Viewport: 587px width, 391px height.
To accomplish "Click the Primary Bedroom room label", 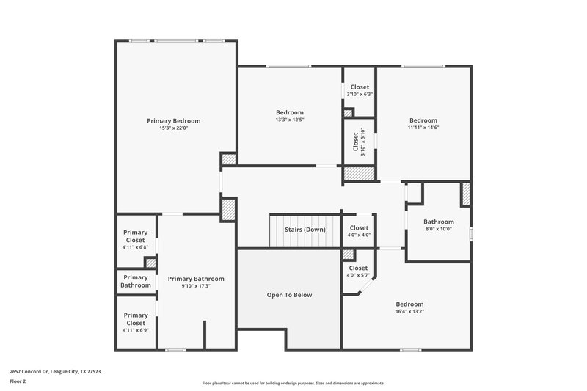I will pyautogui.click(x=173, y=120).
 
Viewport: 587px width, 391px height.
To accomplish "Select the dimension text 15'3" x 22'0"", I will pyautogui.click(x=173, y=128).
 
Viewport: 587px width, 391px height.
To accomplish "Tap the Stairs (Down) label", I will pyautogui.click(x=305, y=230).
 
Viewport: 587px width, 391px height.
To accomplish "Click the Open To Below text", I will pyautogui.click(x=289, y=295).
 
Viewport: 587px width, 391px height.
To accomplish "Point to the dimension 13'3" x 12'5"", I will pyautogui.click(x=289, y=120).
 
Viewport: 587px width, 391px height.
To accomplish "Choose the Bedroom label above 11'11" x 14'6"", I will pyautogui.click(x=423, y=120).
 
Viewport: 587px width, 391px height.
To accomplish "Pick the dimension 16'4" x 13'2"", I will pyautogui.click(x=409, y=311).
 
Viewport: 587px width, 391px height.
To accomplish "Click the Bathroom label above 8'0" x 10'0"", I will pyautogui.click(x=439, y=222).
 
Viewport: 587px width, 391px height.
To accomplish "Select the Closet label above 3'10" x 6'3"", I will pyautogui.click(x=360, y=87).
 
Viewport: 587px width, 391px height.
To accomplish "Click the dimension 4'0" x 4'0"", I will pyautogui.click(x=359, y=235).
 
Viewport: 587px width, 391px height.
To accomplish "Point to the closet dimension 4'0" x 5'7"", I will pyautogui.click(x=359, y=276).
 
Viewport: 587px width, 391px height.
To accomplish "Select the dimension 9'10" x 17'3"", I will pyautogui.click(x=196, y=286).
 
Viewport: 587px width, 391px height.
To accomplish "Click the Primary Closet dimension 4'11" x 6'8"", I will pyautogui.click(x=135, y=247).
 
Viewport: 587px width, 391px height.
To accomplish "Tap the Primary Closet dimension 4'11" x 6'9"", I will pyautogui.click(x=135, y=330).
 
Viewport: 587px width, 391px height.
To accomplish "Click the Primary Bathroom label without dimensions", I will pyautogui.click(x=136, y=281).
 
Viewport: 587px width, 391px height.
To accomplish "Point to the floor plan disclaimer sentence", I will pyautogui.click(x=293, y=383).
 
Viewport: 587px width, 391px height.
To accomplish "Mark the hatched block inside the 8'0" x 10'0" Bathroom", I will pyautogui.click(x=465, y=194).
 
